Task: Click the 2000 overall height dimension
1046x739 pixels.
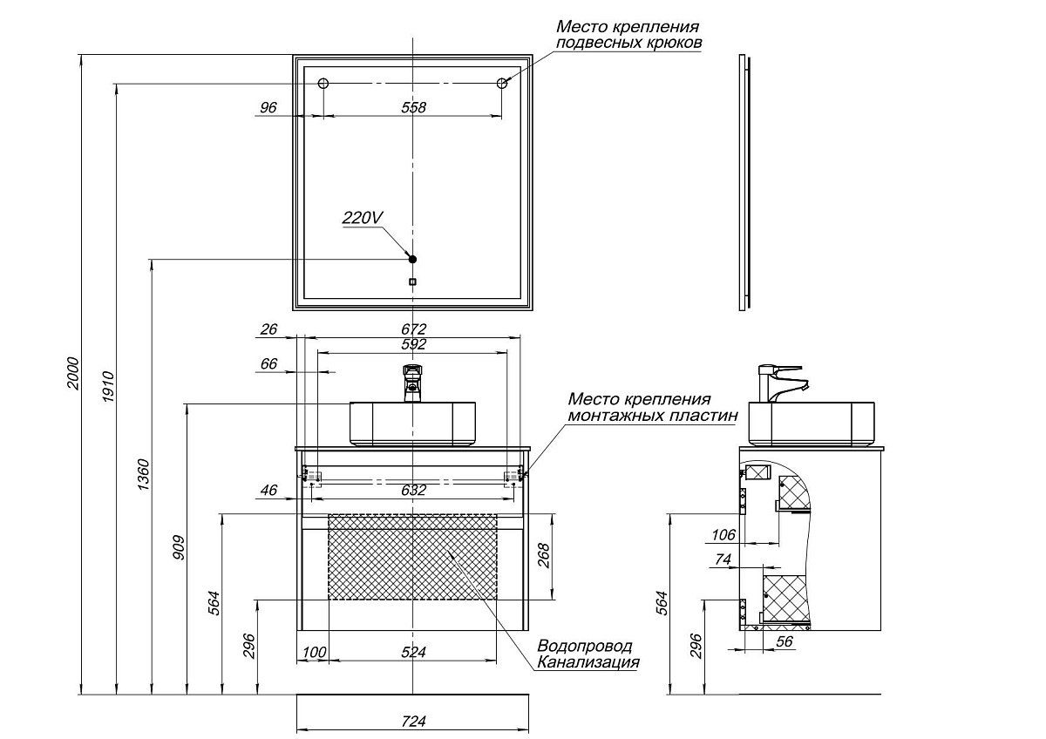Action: click(74, 373)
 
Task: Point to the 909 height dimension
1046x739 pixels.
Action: click(179, 547)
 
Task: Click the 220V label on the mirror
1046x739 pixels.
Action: click(362, 219)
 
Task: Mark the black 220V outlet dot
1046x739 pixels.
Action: click(413, 259)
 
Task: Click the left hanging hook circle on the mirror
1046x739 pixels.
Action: click(323, 84)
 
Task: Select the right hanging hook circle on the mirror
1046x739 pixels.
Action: click(502, 84)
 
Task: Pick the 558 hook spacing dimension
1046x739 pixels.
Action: click(413, 107)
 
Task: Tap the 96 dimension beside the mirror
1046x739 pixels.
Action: click(268, 107)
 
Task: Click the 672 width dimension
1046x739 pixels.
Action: click(413, 329)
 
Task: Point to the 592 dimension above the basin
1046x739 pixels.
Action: click(413, 344)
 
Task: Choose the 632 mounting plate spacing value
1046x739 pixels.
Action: click(413, 491)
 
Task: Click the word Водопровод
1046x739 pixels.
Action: click(584, 647)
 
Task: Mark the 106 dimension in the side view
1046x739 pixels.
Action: click(723, 534)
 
